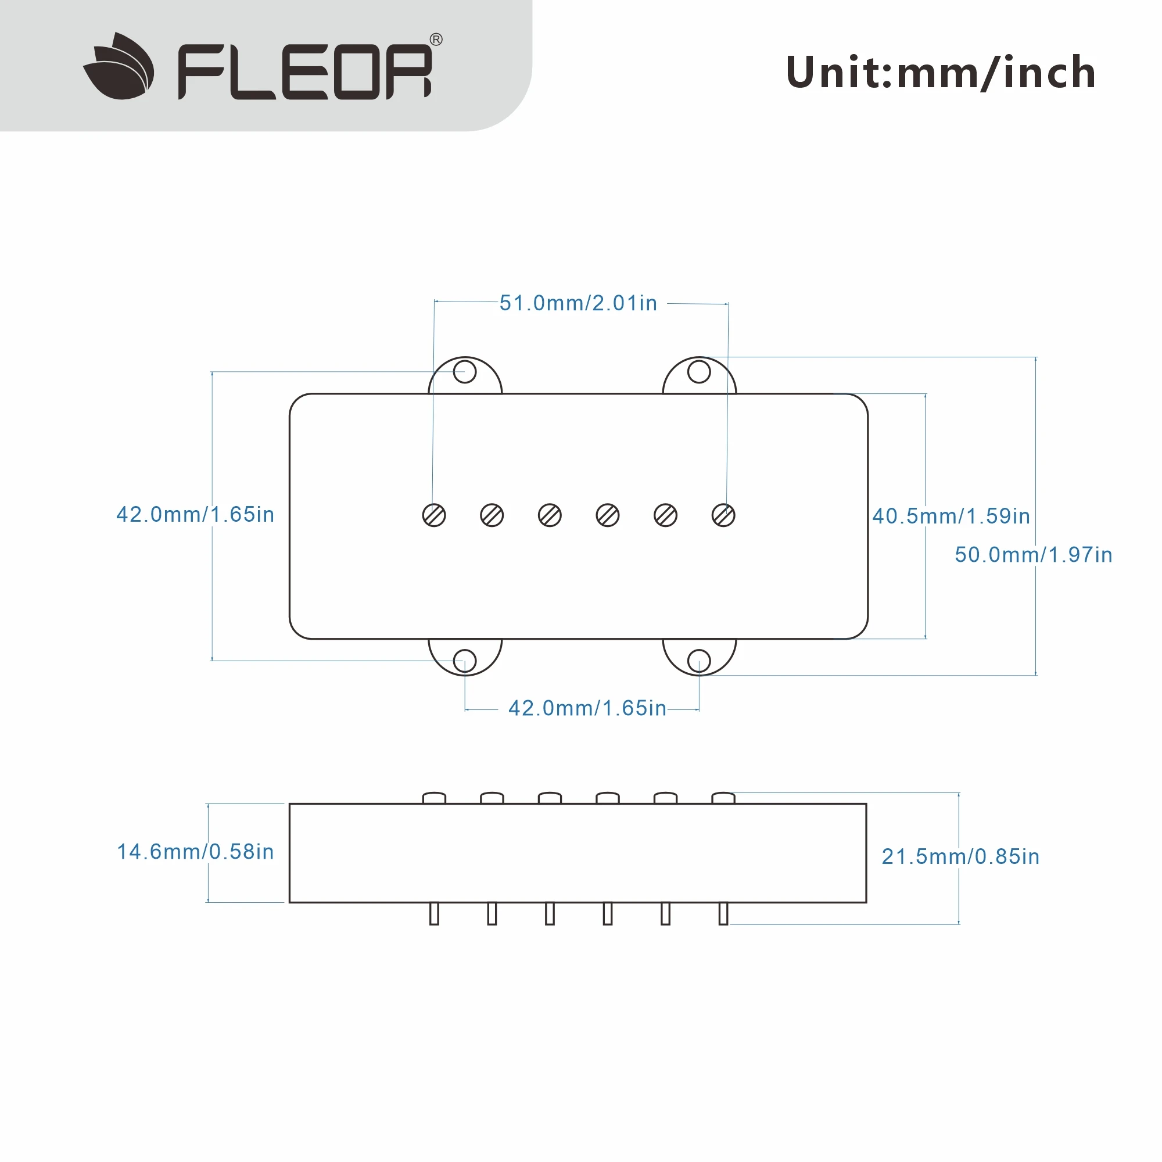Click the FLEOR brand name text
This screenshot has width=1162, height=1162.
click(x=305, y=71)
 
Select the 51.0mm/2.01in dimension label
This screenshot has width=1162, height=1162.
click(x=578, y=303)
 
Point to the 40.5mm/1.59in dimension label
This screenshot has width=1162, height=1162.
click(x=951, y=516)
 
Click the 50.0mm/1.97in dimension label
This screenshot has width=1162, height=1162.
click(x=1033, y=554)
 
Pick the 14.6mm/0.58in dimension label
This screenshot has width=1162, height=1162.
click(x=195, y=852)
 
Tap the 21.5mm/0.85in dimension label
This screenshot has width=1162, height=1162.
click(x=960, y=856)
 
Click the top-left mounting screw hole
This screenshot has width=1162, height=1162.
click(x=464, y=372)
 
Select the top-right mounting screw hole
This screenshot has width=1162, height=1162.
click(x=699, y=372)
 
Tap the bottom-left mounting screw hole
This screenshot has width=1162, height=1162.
click(x=464, y=661)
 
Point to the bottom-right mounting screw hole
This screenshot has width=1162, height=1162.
click(x=699, y=661)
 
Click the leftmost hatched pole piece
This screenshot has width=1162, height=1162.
click(x=433, y=515)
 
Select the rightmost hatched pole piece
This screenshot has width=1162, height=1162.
click(x=723, y=515)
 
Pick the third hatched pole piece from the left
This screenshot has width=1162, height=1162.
click(x=550, y=515)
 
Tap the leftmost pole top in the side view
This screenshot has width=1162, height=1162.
click(x=433, y=798)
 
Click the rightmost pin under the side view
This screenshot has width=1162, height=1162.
click(x=723, y=913)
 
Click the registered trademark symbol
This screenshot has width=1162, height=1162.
click(x=436, y=40)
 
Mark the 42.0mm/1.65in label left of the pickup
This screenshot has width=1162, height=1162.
click(x=195, y=515)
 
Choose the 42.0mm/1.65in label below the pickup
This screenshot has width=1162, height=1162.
click(x=587, y=708)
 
